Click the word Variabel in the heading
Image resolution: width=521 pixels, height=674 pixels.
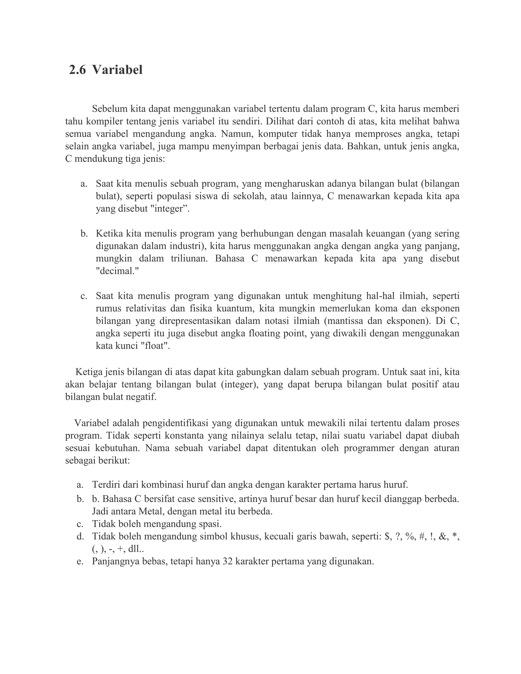coord(117,70)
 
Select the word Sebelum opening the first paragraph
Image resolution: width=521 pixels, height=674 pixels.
coord(110,109)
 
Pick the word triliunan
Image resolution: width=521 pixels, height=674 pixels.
coord(189,259)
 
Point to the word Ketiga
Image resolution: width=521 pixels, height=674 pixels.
coord(89,372)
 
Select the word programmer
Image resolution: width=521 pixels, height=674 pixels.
coord(369,448)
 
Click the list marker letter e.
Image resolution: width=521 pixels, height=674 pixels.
coord(80,561)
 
